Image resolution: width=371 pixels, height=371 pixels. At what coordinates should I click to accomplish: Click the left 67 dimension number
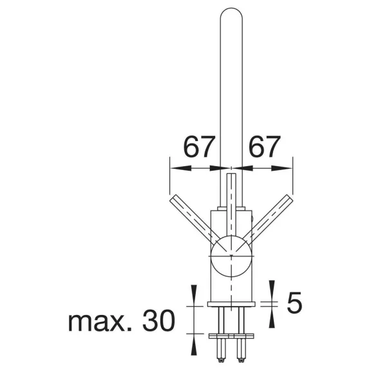199,147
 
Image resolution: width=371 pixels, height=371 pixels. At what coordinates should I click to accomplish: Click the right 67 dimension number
265,147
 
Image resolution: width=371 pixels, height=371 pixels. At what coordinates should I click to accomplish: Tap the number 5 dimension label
294,302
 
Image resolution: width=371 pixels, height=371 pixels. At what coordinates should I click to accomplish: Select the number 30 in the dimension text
158,320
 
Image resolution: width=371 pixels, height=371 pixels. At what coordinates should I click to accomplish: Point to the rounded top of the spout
231,12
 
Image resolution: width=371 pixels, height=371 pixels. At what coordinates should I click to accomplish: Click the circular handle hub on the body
231,256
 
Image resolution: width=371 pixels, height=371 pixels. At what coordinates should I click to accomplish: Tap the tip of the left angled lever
173,198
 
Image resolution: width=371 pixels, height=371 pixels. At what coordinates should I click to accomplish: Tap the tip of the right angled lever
290,198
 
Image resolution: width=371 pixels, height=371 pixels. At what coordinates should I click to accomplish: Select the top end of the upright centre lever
231,174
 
